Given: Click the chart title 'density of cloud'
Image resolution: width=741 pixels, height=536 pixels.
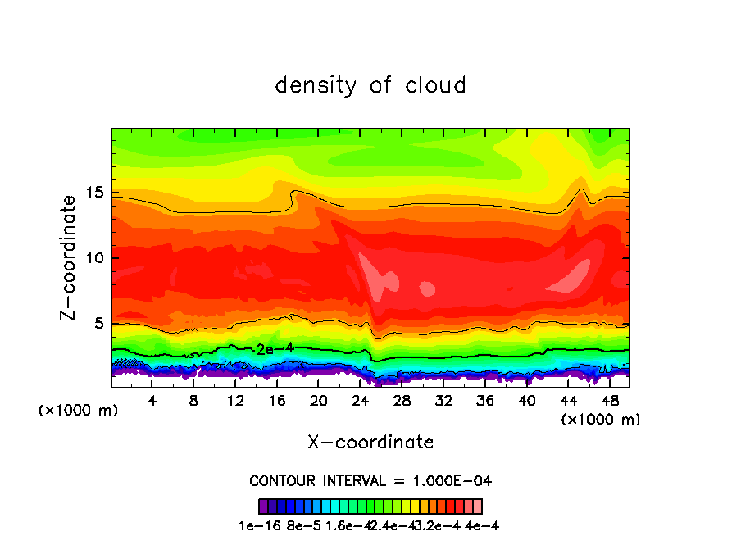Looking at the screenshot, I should (370, 85).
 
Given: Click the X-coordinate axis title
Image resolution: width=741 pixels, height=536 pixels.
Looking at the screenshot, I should (370, 443).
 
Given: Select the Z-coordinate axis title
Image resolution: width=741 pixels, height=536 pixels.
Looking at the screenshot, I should (70, 257).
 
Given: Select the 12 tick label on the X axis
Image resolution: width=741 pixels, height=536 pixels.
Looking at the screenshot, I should (235, 401).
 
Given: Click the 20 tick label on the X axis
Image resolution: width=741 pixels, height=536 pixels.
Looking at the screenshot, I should (319, 401).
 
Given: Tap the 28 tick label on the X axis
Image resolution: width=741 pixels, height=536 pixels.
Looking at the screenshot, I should (402, 401).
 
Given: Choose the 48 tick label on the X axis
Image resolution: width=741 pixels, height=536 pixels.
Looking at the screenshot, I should (609, 401).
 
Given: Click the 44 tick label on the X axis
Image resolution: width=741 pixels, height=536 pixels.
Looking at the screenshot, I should (568, 401).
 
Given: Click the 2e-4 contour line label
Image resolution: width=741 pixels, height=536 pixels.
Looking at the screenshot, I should (270, 349).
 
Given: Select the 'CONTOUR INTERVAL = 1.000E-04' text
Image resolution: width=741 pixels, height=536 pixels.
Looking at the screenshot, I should (370, 480).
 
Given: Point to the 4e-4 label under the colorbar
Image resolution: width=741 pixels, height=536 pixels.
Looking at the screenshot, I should (481, 525).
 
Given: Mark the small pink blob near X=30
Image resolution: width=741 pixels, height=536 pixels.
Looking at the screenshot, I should (427, 288).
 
